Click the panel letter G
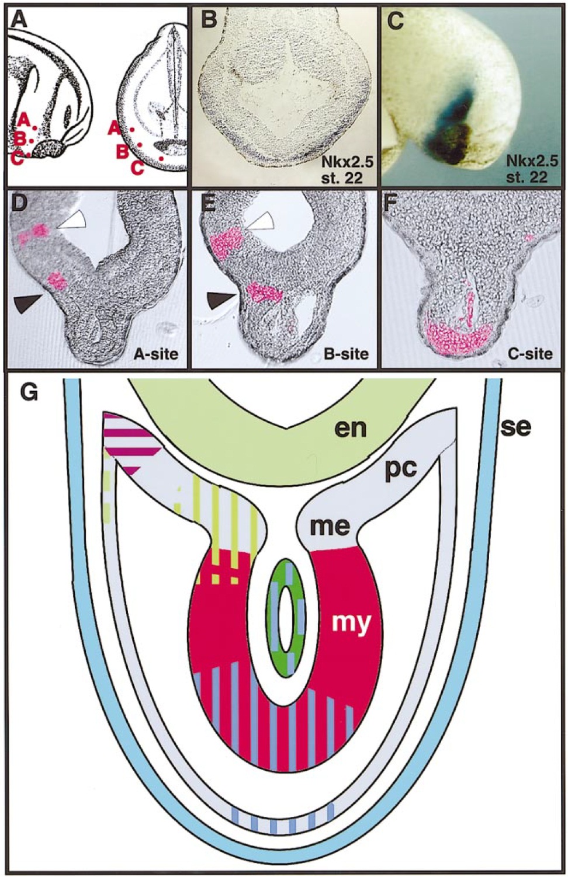click(x=29, y=392)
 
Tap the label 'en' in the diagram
click(x=351, y=428)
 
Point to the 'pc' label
click(x=401, y=468)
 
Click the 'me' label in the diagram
click(x=330, y=526)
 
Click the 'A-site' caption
click(x=155, y=353)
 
